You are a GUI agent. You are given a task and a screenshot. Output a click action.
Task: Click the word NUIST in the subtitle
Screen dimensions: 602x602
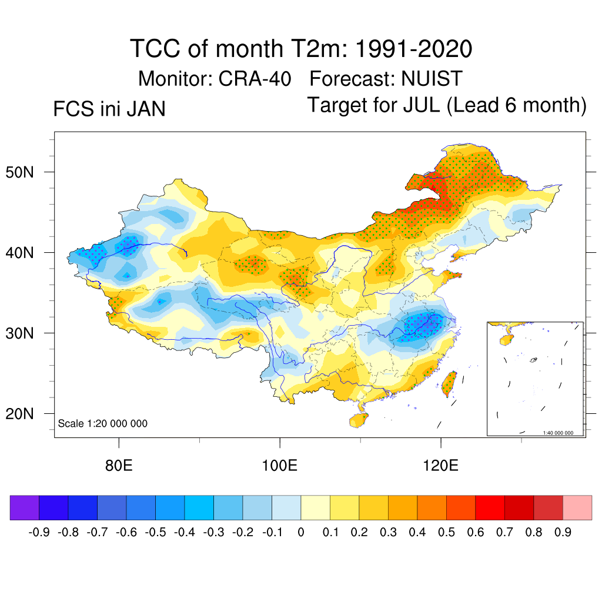pyautogui.click(x=432, y=78)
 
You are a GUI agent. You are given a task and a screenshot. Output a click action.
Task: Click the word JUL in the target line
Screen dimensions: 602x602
pyautogui.click(x=422, y=105)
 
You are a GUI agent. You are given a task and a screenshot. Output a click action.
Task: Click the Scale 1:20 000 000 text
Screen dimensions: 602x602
pyautogui.click(x=103, y=424)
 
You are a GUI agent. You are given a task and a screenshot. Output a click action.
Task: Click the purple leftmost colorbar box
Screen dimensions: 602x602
pyautogui.click(x=25, y=508)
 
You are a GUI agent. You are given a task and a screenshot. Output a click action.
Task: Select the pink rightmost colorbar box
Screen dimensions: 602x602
pyautogui.click(x=577, y=508)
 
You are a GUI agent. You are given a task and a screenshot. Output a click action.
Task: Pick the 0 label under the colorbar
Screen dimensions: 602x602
pyautogui.click(x=300, y=533)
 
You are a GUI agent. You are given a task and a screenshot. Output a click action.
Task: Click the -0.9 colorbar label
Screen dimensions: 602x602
pyautogui.click(x=39, y=533)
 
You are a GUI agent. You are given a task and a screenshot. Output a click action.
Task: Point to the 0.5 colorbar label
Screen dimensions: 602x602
pyautogui.click(x=446, y=533)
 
